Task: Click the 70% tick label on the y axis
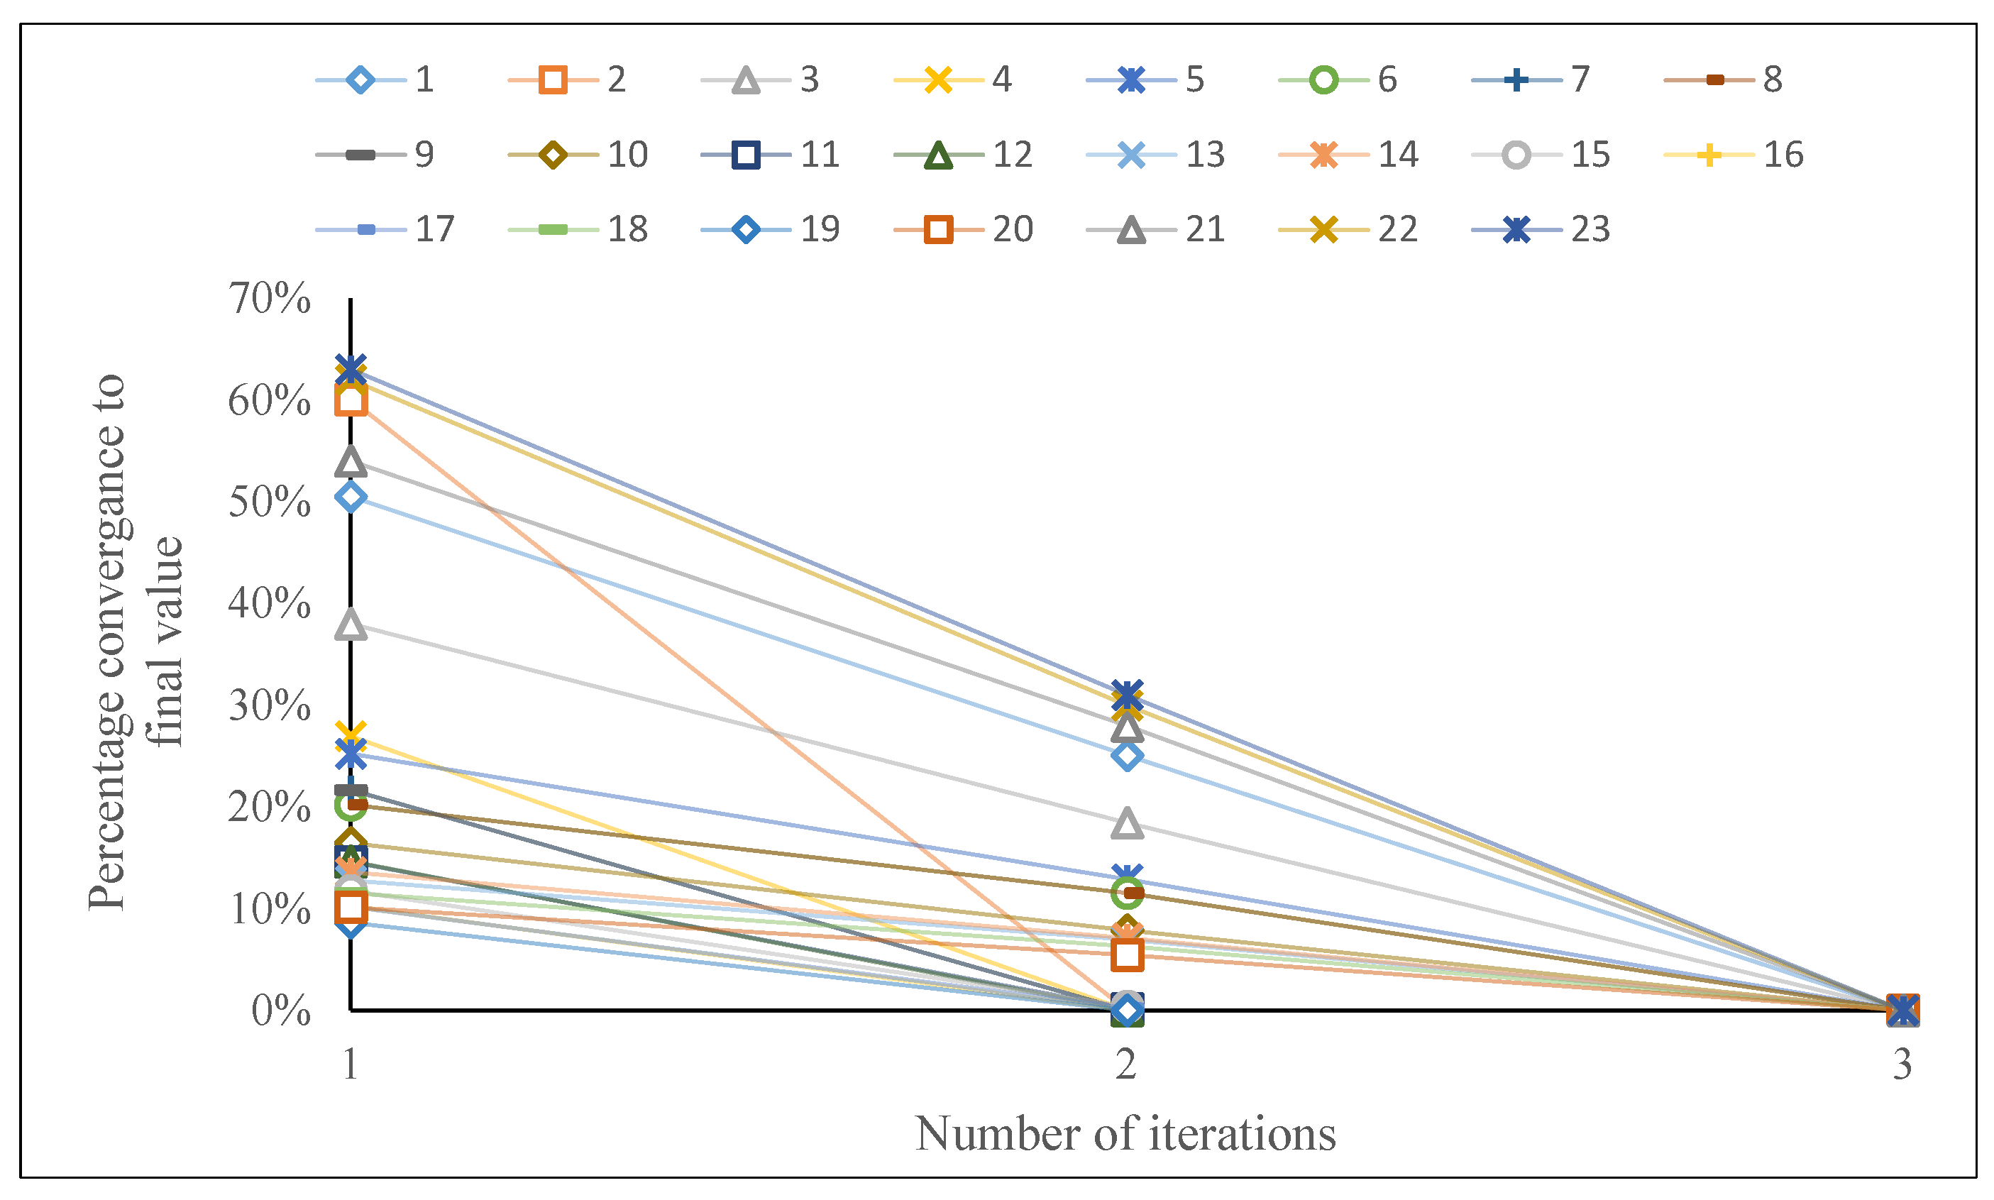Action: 269,299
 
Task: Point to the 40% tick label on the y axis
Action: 269,604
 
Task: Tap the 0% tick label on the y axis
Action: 280,1011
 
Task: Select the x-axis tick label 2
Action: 1125,1064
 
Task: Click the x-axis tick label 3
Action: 1902,1064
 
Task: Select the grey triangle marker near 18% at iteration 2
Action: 1126,824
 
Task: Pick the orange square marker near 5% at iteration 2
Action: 1126,955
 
